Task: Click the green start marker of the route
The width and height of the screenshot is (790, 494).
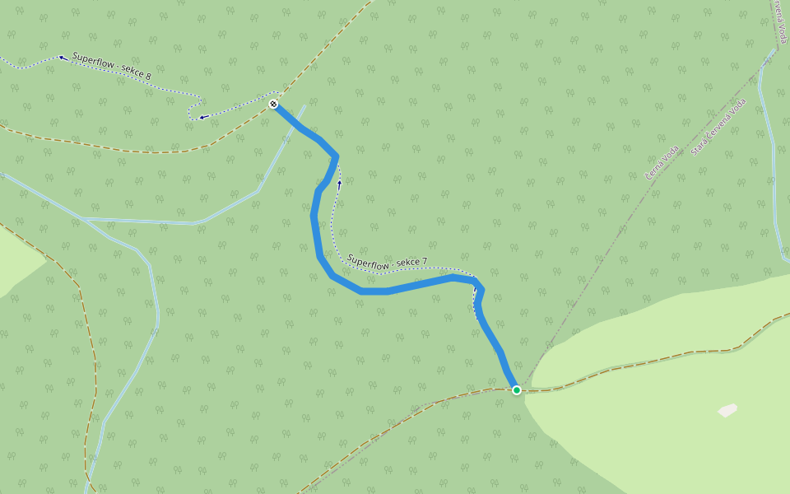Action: click(x=516, y=389)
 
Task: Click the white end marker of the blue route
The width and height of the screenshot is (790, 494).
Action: click(x=273, y=104)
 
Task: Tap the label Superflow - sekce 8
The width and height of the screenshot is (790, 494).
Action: click(x=111, y=67)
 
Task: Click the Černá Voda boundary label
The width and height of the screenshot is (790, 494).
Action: click(x=662, y=162)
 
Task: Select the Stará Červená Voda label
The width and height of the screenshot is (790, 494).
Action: click(x=718, y=127)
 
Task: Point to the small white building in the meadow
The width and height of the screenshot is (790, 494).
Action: click(x=727, y=410)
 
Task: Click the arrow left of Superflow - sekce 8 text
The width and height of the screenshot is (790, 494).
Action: click(x=62, y=58)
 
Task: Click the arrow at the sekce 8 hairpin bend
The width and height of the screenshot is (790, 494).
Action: click(x=202, y=117)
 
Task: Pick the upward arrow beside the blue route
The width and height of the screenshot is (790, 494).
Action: click(x=338, y=184)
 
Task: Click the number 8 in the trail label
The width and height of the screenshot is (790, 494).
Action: click(x=148, y=76)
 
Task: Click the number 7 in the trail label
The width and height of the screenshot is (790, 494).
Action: click(x=424, y=263)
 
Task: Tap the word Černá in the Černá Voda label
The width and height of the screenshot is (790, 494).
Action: click(x=654, y=171)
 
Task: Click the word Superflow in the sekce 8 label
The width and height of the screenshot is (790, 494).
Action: click(x=92, y=62)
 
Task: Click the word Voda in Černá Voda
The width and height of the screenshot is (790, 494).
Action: click(x=671, y=152)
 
